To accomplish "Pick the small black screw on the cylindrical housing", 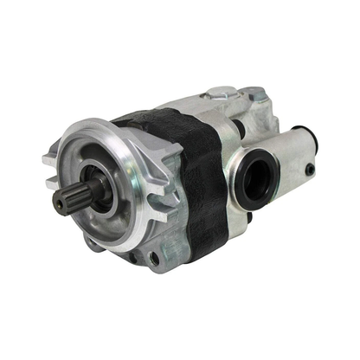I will pos(309,170).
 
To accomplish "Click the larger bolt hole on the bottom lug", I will pos(153,258).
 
